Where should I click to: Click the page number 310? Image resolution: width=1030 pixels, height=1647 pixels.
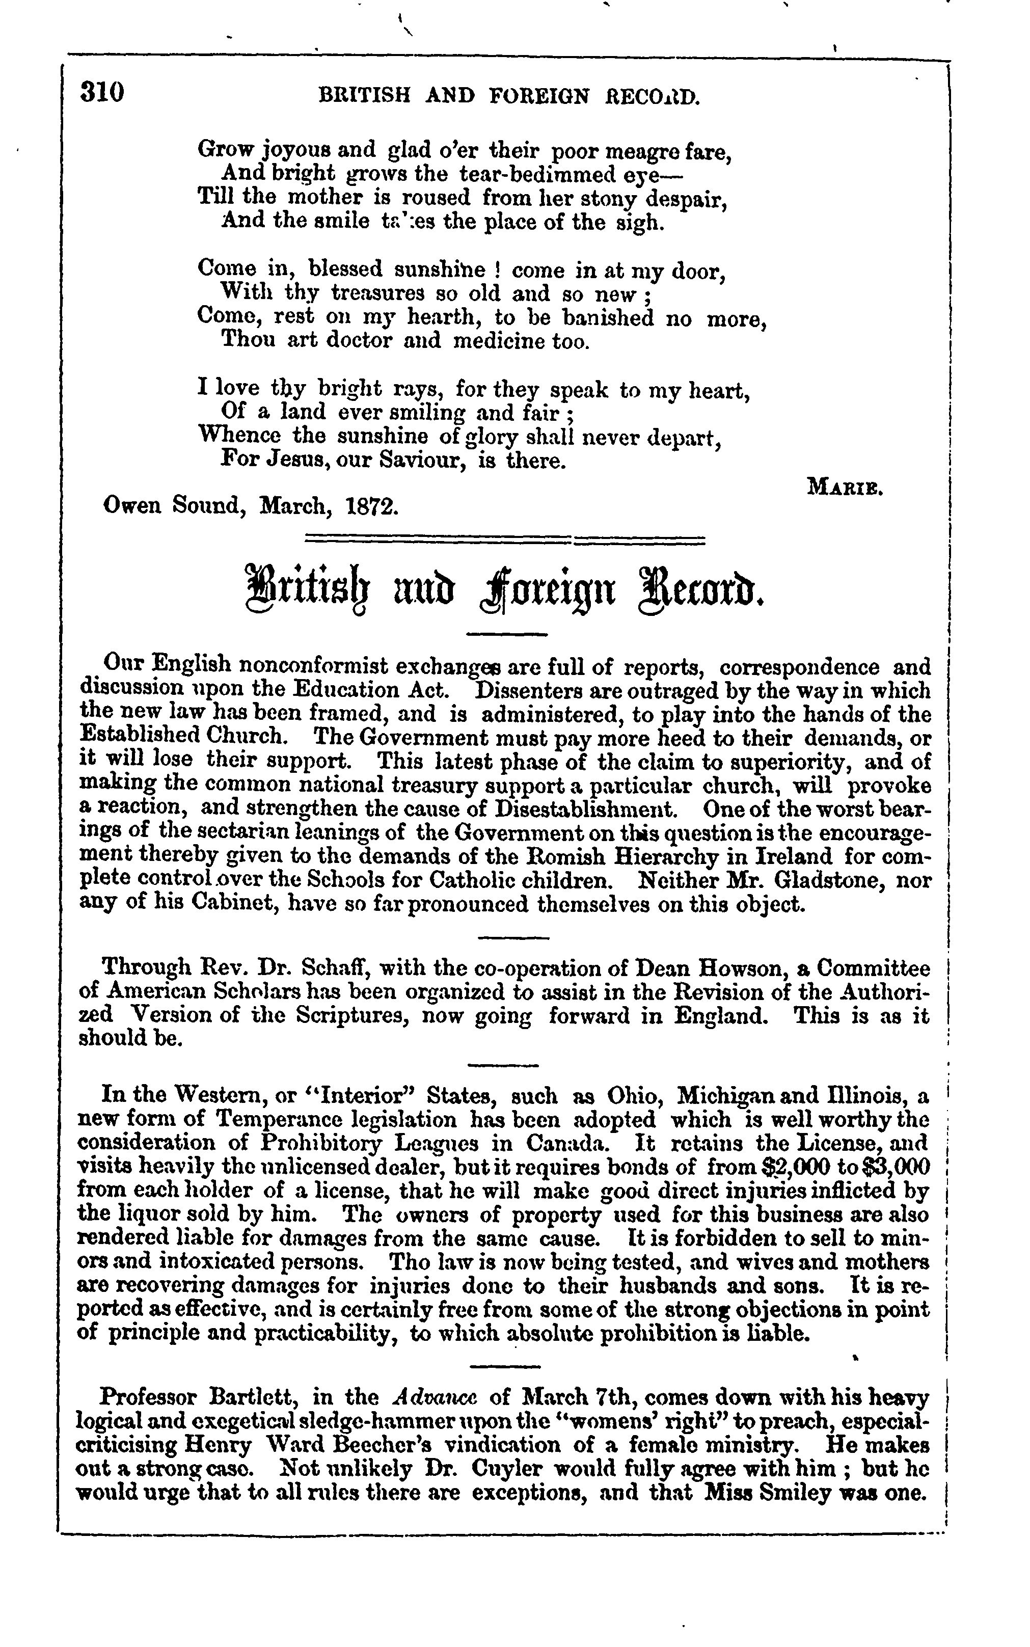tap(103, 93)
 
